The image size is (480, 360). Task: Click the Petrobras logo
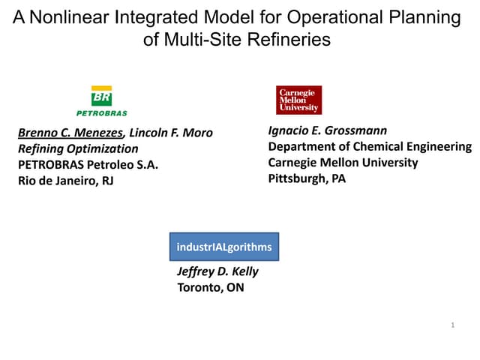pyautogui.click(x=101, y=100)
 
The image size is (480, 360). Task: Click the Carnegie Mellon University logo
pyautogui.click(x=298, y=100)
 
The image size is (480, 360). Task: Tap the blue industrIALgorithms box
pyautogui.click(x=223, y=247)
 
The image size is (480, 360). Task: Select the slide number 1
pyautogui.click(x=454, y=325)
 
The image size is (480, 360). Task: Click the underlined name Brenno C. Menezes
pyautogui.click(x=71, y=133)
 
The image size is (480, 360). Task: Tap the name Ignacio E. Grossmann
pyautogui.click(x=328, y=130)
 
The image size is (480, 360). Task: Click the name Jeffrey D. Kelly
pyautogui.click(x=217, y=272)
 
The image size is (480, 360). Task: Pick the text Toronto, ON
pyautogui.click(x=210, y=287)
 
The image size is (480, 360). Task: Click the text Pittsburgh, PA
pyautogui.click(x=307, y=178)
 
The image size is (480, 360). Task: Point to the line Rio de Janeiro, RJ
pyautogui.click(x=65, y=181)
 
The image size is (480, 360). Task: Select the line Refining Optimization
pyautogui.click(x=78, y=149)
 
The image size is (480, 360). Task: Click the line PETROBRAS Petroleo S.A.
pyautogui.click(x=88, y=165)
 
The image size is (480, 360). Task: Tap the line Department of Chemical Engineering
pyautogui.click(x=370, y=147)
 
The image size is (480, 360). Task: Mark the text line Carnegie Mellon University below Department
pyautogui.click(x=343, y=163)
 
